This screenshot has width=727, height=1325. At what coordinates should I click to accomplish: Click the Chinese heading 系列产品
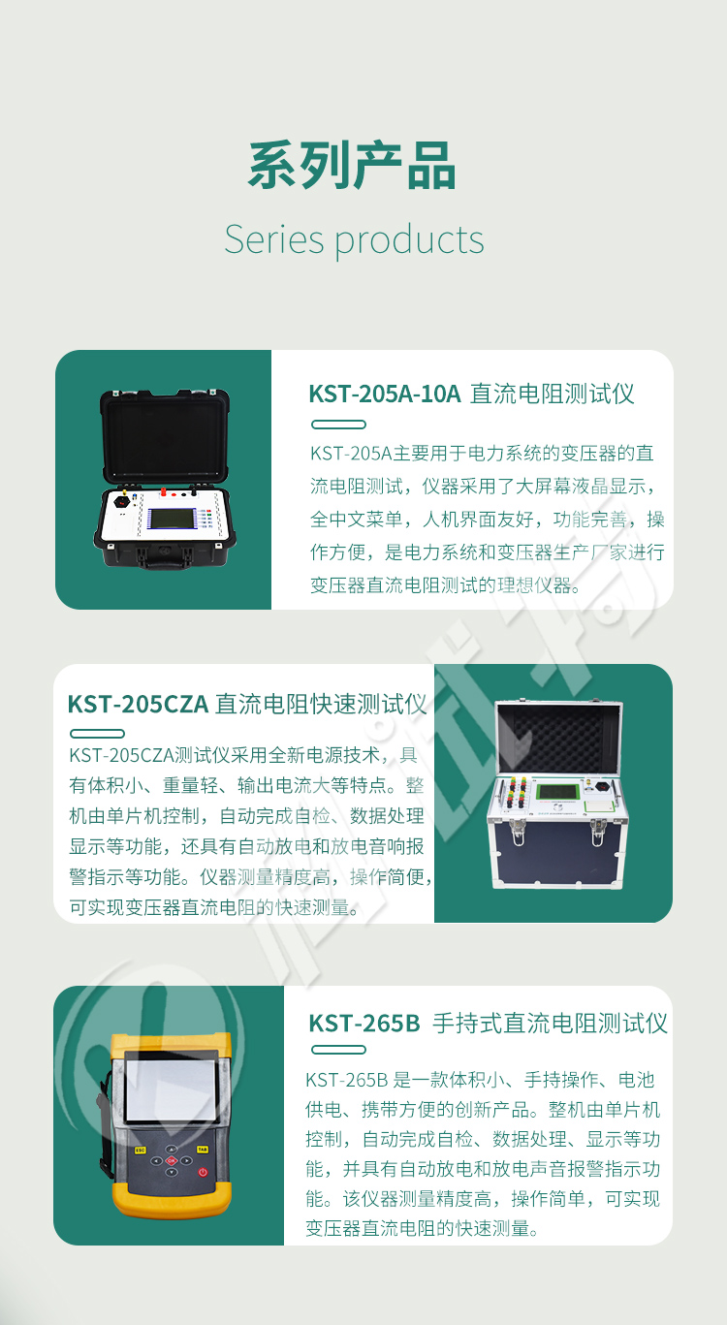(351, 166)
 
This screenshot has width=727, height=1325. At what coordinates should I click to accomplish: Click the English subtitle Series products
(354, 240)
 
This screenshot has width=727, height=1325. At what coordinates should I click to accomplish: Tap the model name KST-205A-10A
(385, 394)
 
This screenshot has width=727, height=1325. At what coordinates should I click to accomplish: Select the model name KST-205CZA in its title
(138, 705)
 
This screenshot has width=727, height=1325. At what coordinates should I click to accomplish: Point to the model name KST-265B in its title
(364, 1024)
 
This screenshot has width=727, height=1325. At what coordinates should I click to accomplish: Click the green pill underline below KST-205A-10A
(338, 425)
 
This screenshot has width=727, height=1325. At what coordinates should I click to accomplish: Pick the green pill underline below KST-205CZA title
(97, 734)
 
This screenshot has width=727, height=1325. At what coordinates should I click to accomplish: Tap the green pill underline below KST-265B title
(338, 1050)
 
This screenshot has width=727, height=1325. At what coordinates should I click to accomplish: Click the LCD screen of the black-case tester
(173, 519)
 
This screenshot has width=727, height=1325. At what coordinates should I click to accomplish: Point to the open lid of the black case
(165, 435)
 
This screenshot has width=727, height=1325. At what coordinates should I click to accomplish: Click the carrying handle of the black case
(164, 558)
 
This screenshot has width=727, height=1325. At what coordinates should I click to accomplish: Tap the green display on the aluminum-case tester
(556, 793)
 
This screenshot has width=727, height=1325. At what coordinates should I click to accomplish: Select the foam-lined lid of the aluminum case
(558, 738)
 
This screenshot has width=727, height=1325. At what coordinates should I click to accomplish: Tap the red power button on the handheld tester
(203, 1173)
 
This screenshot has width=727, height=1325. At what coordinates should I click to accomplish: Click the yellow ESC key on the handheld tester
(141, 1151)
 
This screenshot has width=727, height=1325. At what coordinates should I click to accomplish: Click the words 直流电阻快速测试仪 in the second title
(321, 705)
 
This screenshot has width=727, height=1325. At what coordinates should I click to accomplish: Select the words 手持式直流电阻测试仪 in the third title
(551, 1024)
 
